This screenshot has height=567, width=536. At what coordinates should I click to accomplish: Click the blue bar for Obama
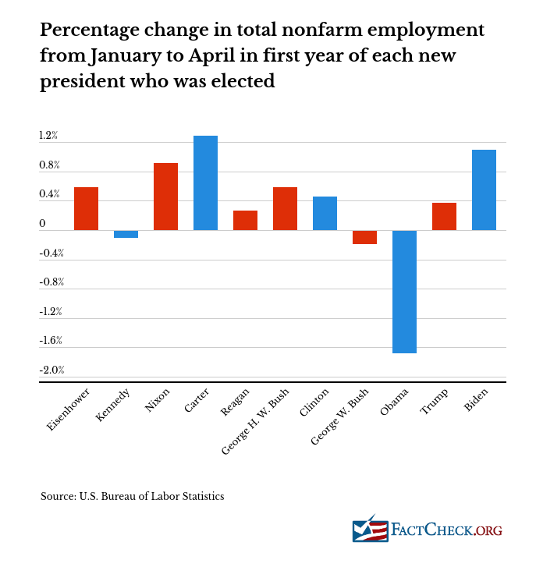[x=404, y=292]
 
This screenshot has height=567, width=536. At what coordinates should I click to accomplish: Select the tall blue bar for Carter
[x=205, y=183]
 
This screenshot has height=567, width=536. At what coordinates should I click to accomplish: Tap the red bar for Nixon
[x=165, y=197]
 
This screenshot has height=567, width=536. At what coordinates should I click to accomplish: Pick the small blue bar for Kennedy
[x=126, y=234]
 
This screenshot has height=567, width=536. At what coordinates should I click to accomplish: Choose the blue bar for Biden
[x=484, y=190]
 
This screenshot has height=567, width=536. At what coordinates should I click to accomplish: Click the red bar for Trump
[x=444, y=216]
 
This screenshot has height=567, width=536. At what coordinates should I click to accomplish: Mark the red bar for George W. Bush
[x=364, y=237]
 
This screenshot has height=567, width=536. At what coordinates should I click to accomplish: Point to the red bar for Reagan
[x=245, y=220]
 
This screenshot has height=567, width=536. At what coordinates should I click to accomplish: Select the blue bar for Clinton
[x=325, y=213]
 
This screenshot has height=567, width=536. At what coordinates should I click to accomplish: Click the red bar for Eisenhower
[x=86, y=208]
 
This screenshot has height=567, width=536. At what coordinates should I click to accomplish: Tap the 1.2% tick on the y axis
[x=48, y=136]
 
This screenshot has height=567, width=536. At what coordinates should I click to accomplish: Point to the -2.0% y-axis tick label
[x=51, y=370]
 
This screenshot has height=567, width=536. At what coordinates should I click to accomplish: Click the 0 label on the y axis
[x=42, y=224]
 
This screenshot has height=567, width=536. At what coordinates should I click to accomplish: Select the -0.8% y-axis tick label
[x=51, y=282]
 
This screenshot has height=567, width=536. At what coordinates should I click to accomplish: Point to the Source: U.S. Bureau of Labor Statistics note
[x=133, y=496]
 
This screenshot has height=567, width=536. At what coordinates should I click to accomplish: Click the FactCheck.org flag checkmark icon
[x=370, y=531]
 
